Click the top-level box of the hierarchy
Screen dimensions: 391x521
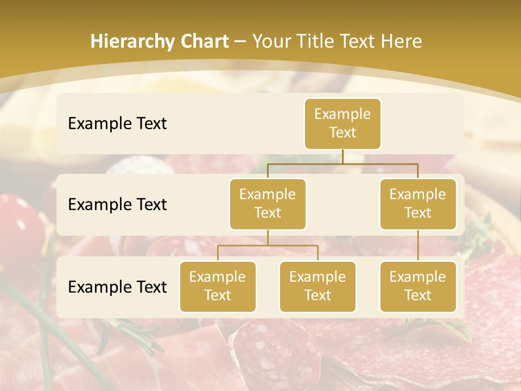(342, 124)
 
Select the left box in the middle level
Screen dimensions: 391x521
(268, 204)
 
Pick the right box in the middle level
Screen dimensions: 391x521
(418, 204)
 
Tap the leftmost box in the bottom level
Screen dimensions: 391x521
(218, 286)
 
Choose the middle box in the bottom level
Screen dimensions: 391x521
(317, 286)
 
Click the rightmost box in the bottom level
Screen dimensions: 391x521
(418, 286)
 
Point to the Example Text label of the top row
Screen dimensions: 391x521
(117, 124)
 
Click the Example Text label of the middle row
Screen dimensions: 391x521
(117, 205)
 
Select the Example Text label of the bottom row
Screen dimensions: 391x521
(117, 287)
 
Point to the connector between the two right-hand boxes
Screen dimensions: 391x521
(418, 245)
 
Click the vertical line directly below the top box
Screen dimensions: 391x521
(342, 156)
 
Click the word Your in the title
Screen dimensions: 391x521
(271, 42)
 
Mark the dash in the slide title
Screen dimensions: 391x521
(240, 42)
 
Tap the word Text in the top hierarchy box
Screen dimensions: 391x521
(342, 133)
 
